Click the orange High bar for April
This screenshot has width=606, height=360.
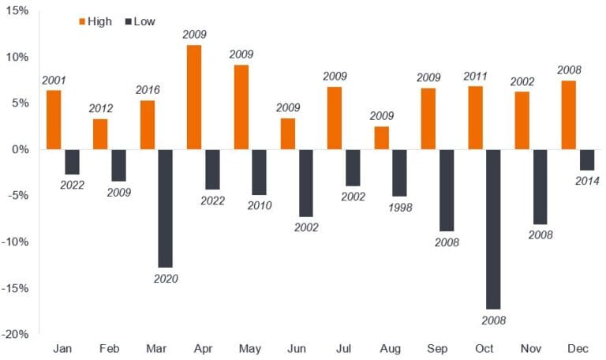(x=193, y=97)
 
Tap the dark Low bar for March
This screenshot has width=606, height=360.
(x=166, y=208)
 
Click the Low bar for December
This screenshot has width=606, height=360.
(x=586, y=159)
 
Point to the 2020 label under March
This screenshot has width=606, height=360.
(x=166, y=279)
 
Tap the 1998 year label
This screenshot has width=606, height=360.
(x=400, y=208)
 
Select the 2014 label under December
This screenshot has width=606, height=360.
(x=587, y=181)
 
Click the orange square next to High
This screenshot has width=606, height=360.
(x=80, y=21)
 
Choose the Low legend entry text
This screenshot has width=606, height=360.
(x=144, y=21)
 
